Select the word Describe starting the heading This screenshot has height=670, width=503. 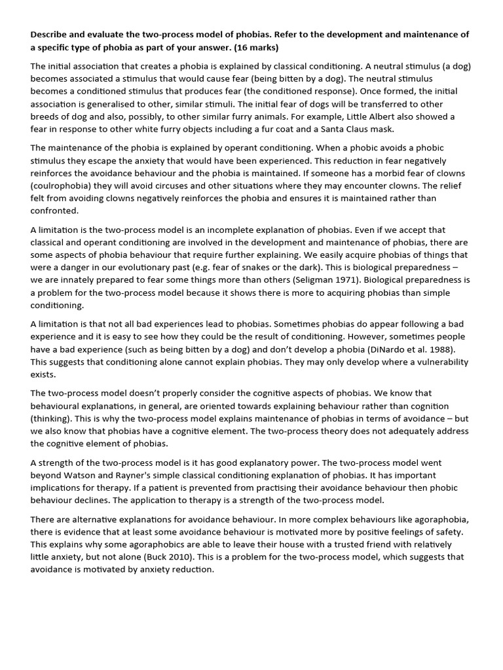(x=51, y=34)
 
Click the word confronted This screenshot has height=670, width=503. (x=55, y=211)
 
